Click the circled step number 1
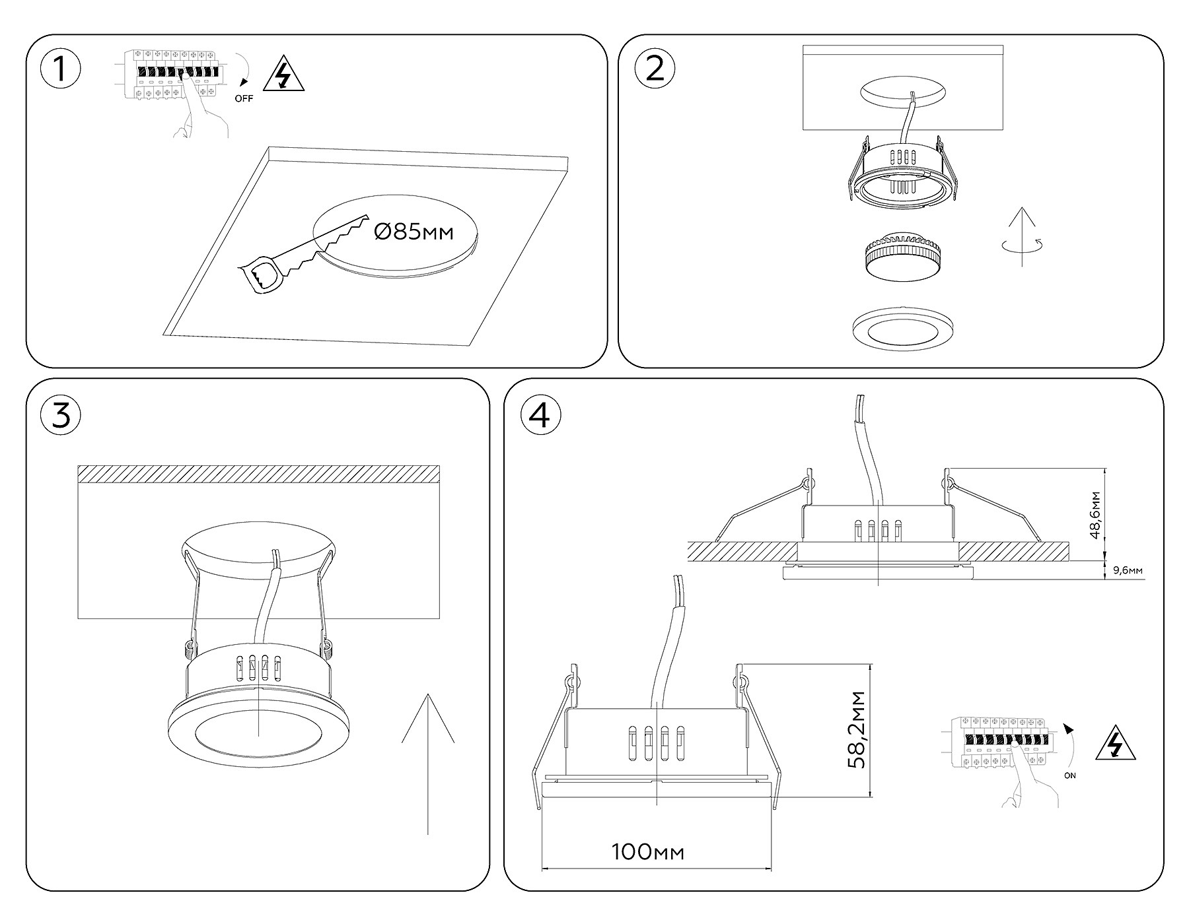click(x=60, y=69)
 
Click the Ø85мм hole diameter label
click(x=414, y=232)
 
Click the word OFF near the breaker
click(x=244, y=99)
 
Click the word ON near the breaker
click(x=1069, y=775)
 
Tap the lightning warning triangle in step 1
click(x=283, y=75)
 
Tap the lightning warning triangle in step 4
click(x=1116, y=744)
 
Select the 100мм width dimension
click(x=647, y=852)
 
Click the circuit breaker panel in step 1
click(x=170, y=75)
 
